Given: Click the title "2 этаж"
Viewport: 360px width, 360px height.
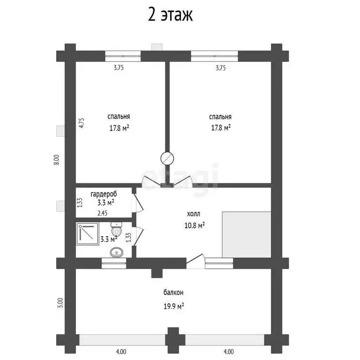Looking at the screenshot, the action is click(x=170, y=15).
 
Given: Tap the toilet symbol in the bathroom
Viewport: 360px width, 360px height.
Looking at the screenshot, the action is click(x=116, y=228).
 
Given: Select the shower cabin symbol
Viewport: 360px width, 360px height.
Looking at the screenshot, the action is click(x=88, y=233).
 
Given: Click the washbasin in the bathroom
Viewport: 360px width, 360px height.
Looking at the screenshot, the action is click(x=117, y=253).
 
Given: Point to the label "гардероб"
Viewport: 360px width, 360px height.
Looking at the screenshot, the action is click(x=104, y=194).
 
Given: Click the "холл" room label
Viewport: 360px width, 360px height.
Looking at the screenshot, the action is click(x=194, y=214).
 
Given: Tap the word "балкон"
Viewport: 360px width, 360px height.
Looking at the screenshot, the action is click(x=173, y=292).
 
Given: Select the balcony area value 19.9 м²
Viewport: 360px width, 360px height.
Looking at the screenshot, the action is click(x=173, y=306).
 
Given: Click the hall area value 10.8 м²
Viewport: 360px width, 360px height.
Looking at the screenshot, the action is click(x=195, y=225).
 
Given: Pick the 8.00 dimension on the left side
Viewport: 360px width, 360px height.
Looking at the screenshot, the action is click(x=56, y=159).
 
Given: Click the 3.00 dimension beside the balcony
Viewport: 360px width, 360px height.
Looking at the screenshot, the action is click(x=60, y=303).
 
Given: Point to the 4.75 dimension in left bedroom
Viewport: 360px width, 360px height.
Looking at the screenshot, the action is click(x=82, y=123).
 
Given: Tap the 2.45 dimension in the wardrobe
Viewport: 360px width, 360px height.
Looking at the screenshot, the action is click(x=102, y=213).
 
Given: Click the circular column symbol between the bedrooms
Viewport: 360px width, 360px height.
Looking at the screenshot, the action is click(x=167, y=158).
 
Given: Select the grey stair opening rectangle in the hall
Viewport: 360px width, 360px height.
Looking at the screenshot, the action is click(x=247, y=234).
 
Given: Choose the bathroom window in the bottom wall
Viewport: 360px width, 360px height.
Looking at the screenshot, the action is click(x=114, y=263).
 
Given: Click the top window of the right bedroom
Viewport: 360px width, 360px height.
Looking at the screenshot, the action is click(x=214, y=56).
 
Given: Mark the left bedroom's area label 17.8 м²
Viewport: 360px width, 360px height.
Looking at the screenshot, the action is click(x=119, y=128).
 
